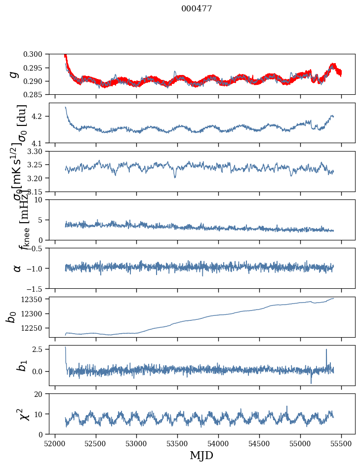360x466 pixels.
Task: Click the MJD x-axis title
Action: pyautogui.click(x=201, y=456)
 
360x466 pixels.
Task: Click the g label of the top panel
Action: pyautogui.click(x=14, y=74)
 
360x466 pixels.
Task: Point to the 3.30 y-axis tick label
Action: pyautogui.click(x=38, y=151)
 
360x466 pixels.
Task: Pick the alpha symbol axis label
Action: pyautogui.click(x=17, y=268)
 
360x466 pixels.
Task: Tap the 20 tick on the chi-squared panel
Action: pyautogui.click(x=41, y=394)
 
